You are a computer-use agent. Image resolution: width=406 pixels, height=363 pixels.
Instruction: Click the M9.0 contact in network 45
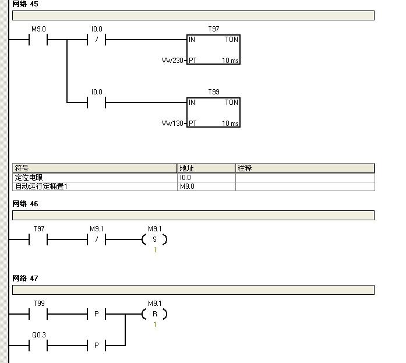(x=37, y=40)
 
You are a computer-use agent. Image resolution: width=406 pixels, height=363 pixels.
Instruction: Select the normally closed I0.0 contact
(x=96, y=40)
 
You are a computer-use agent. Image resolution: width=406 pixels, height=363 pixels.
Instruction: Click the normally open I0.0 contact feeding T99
(x=96, y=103)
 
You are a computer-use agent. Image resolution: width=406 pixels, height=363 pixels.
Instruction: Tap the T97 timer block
(x=213, y=50)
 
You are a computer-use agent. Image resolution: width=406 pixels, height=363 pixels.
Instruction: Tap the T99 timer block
(x=213, y=112)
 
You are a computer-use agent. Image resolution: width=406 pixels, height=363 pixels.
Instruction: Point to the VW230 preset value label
(x=173, y=60)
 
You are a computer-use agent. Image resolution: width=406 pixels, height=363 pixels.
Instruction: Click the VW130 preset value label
(x=173, y=123)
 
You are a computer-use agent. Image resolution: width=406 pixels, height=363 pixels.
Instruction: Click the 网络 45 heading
(x=25, y=3)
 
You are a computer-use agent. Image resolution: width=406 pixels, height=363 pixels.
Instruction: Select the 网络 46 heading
(x=25, y=204)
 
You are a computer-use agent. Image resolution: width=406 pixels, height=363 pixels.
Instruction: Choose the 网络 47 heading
(x=25, y=279)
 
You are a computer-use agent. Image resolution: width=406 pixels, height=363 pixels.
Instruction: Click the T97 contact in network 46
(x=38, y=239)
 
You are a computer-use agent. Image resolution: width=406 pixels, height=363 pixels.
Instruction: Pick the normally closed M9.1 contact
(x=96, y=239)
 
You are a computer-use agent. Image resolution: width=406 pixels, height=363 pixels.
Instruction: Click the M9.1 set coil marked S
(x=154, y=239)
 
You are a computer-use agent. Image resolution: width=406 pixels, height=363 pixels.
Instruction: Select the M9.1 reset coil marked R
(x=154, y=314)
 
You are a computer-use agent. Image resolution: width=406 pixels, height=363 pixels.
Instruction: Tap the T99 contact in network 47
(x=38, y=314)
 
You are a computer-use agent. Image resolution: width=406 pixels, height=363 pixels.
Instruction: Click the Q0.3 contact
(x=38, y=346)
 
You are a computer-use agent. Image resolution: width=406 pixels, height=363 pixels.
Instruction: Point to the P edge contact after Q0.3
(x=96, y=346)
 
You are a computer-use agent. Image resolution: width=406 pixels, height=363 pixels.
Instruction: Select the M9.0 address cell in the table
(x=206, y=186)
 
